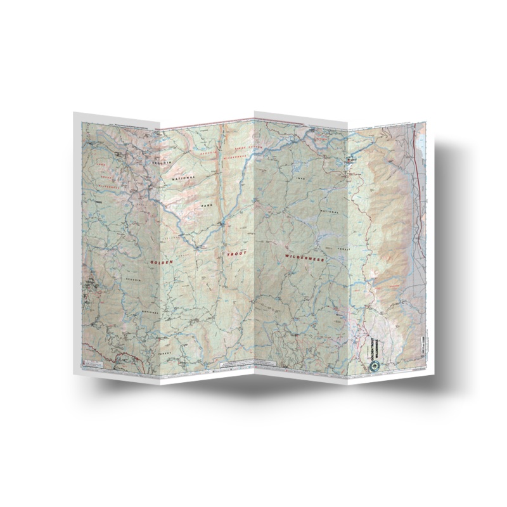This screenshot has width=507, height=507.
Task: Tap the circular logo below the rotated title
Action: [373, 367]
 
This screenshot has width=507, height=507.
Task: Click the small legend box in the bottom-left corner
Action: [94, 361]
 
